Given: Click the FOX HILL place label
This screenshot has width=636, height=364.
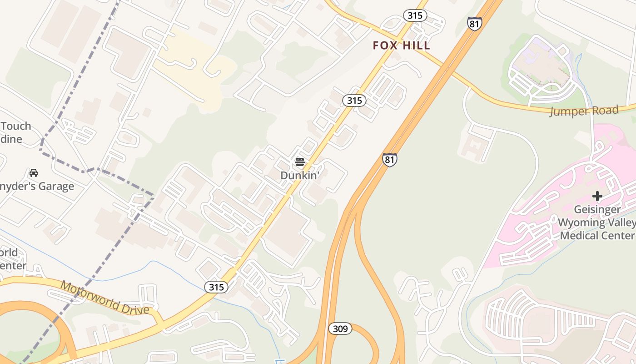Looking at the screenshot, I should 401,45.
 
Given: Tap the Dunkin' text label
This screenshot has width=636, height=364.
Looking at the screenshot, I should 299,175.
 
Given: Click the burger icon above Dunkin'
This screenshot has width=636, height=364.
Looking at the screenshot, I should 299,162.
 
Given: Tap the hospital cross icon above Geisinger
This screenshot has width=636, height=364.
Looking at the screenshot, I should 597,196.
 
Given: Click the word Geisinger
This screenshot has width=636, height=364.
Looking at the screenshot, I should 597,209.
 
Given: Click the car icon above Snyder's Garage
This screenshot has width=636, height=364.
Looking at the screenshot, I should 34,173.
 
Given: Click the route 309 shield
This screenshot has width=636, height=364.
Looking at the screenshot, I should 340,329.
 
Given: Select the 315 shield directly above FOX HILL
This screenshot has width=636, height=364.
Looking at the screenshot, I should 415,16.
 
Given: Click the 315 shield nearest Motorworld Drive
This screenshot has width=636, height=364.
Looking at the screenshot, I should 216,287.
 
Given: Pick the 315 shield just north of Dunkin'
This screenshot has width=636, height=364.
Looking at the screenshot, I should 354,101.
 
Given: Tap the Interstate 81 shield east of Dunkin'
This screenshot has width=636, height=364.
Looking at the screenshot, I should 389,160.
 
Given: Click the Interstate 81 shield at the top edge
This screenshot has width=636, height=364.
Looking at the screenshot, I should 474,24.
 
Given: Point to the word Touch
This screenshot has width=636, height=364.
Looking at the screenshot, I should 16,126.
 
